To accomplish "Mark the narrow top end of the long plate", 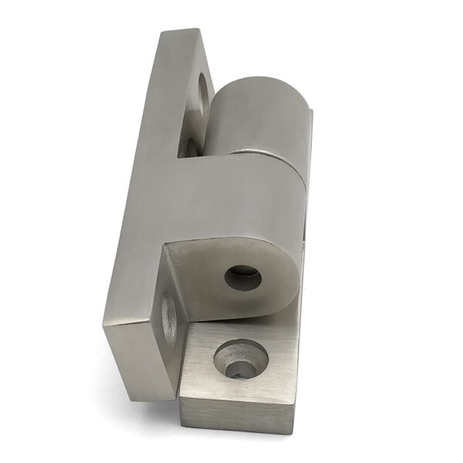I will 181,35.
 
